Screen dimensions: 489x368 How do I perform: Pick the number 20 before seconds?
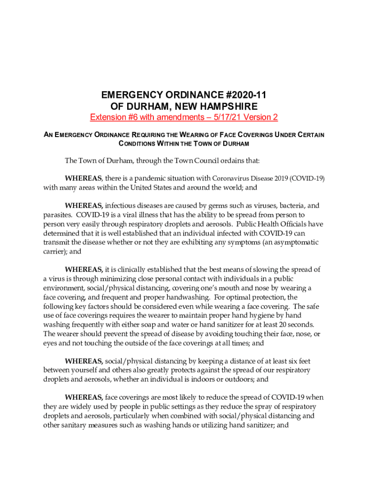pyautogui.click(x=281, y=324)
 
